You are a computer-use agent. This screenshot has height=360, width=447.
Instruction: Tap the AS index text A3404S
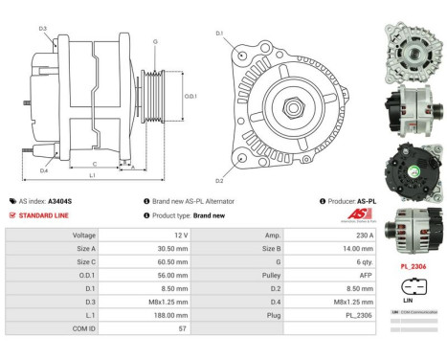59,201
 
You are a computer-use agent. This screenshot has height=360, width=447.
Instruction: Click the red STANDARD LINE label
46,215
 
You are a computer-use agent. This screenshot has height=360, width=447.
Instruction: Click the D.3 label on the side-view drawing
43,28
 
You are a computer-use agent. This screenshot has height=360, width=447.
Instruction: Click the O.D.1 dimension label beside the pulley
191,96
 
